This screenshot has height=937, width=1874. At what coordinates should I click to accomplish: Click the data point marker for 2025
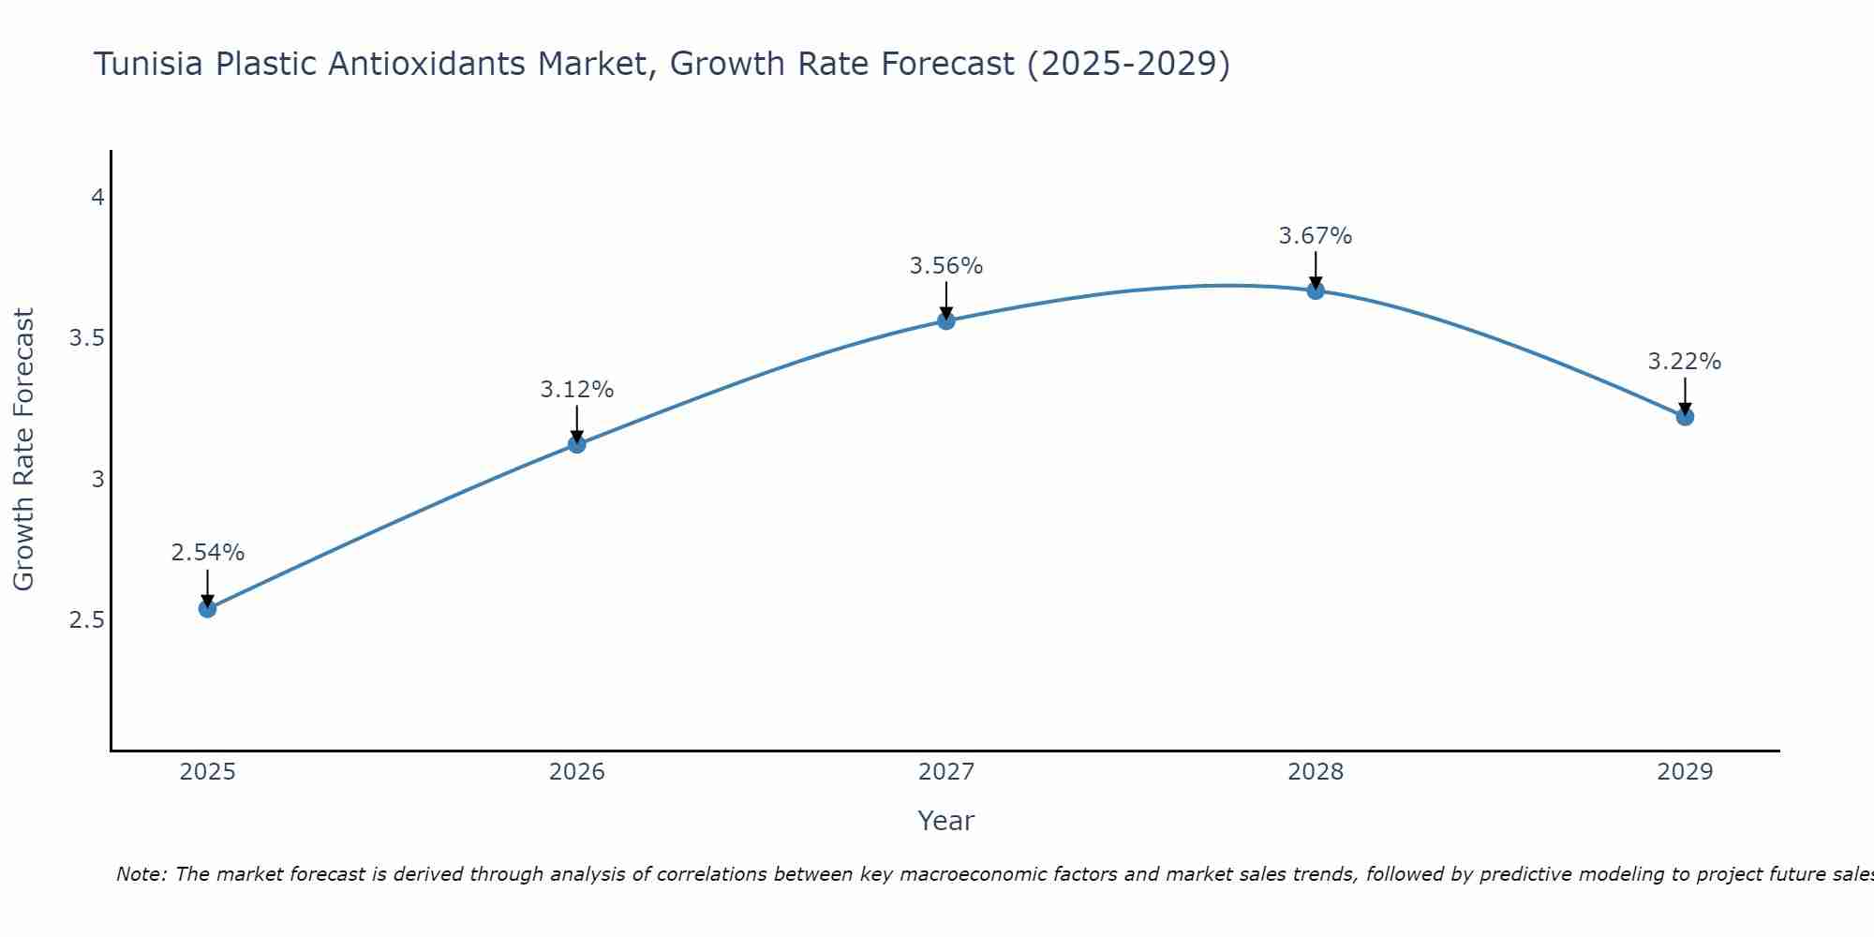pyautogui.click(x=207, y=609)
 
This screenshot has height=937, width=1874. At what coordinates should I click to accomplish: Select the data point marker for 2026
pyautogui.click(x=577, y=444)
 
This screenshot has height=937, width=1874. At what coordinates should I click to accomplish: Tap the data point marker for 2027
pyautogui.click(x=946, y=320)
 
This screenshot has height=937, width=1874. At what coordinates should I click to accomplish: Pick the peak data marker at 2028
pyautogui.click(x=1316, y=290)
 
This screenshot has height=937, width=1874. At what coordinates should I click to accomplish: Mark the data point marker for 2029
pyautogui.click(x=1685, y=417)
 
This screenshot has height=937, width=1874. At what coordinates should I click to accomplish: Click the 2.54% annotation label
pyautogui.click(x=207, y=553)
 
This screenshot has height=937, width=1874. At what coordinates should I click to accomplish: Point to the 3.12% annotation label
pyautogui.click(x=577, y=390)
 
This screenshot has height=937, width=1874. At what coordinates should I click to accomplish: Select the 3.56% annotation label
pyautogui.click(x=946, y=266)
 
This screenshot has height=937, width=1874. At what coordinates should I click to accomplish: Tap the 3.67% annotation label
pyautogui.click(x=1316, y=236)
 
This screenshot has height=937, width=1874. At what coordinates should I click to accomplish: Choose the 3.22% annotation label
pyautogui.click(x=1685, y=362)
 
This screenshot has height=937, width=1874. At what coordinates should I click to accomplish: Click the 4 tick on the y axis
pyautogui.click(x=97, y=198)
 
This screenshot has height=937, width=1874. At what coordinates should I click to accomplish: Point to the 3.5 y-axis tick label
pyautogui.click(x=86, y=338)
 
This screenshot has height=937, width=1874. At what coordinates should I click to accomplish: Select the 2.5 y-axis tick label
pyautogui.click(x=86, y=620)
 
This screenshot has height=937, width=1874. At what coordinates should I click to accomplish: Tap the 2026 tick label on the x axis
pyautogui.click(x=577, y=772)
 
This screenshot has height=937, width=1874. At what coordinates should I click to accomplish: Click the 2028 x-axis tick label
pyautogui.click(x=1316, y=772)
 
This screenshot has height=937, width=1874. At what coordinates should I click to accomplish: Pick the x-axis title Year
pyautogui.click(x=946, y=821)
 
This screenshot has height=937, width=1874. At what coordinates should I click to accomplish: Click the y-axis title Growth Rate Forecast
pyautogui.click(x=24, y=450)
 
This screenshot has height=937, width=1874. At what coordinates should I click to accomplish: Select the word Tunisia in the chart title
pyautogui.click(x=150, y=64)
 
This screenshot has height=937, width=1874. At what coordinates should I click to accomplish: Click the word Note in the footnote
pyautogui.click(x=141, y=874)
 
